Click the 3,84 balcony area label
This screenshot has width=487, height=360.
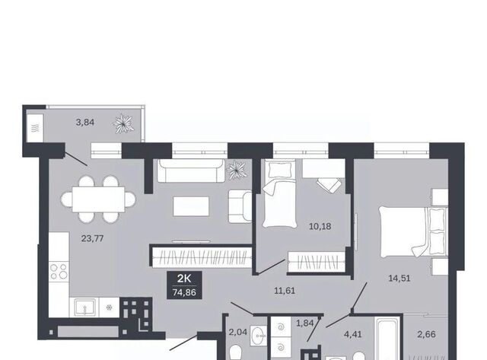(x=84, y=123)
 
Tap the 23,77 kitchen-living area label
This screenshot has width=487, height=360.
(x=92, y=238)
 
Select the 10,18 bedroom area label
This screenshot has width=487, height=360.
(x=320, y=227)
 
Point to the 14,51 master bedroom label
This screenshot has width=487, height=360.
(x=399, y=279)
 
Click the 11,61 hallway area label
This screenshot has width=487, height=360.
(x=285, y=291)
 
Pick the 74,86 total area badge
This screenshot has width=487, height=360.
(x=184, y=285)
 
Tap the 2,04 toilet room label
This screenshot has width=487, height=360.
(x=238, y=332)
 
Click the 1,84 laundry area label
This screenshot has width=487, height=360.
(x=305, y=323)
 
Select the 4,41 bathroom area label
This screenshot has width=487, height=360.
(x=353, y=335)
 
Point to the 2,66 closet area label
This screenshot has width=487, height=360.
(x=426, y=334)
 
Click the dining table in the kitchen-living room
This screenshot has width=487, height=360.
(x=98, y=199)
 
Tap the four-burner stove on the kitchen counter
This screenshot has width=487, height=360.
(x=59, y=271)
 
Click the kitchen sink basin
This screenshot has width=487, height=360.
(x=84, y=307)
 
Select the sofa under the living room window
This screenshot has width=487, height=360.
(x=191, y=170)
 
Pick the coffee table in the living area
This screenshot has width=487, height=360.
(x=191, y=206)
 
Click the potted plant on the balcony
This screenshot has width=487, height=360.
(x=123, y=123)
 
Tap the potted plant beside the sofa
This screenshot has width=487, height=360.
(x=237, y=170)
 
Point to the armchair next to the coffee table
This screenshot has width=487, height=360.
(x=240, y=206)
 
